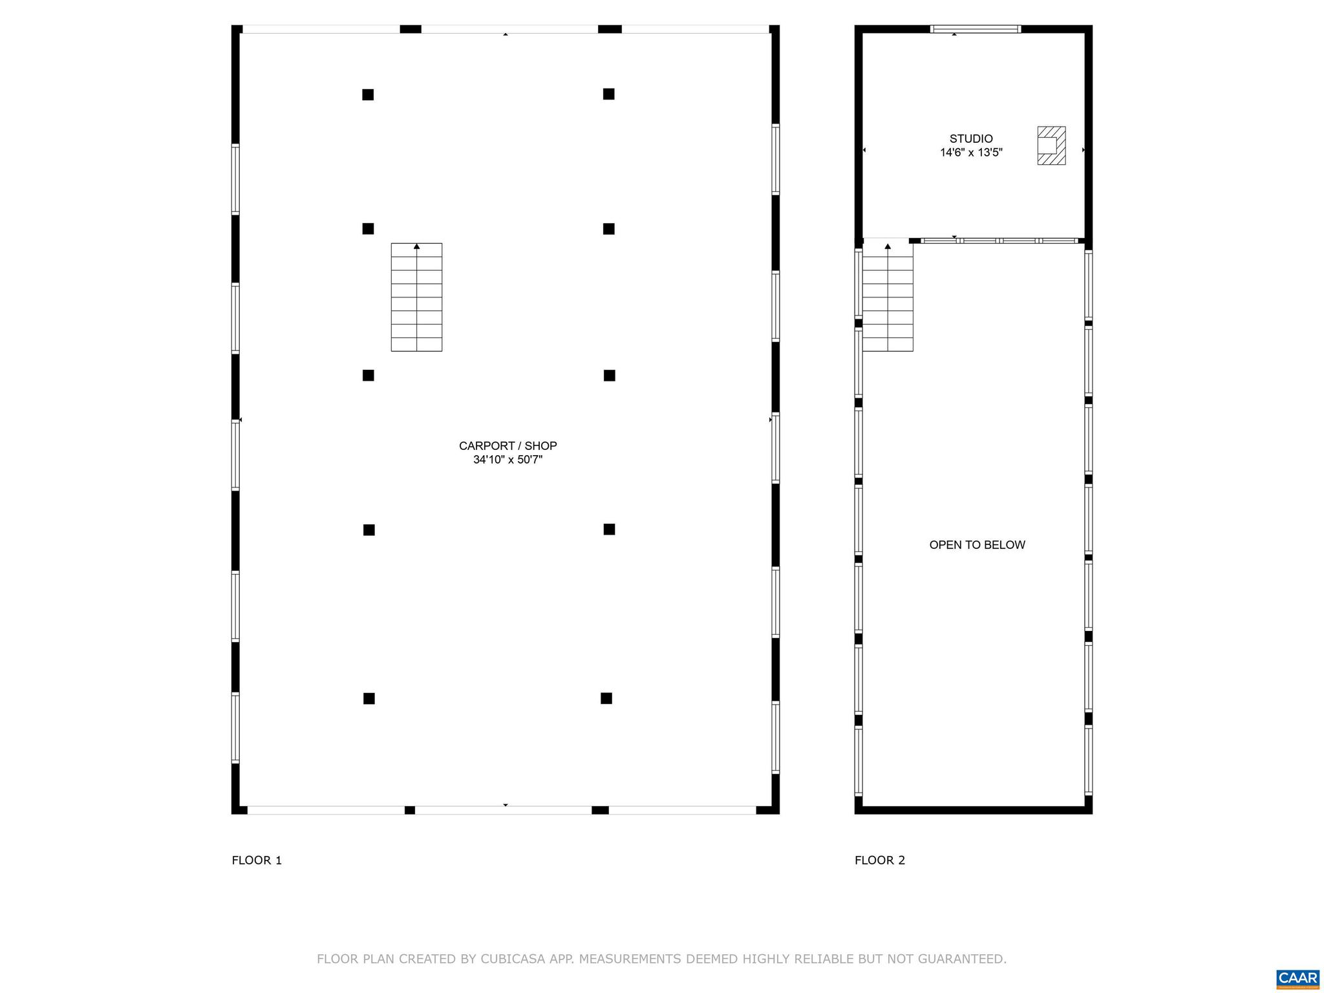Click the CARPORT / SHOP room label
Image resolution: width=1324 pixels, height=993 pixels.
point(507,445)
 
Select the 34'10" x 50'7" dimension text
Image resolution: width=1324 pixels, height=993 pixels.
point(507,460)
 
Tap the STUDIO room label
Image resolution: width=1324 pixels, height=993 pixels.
point(971,138)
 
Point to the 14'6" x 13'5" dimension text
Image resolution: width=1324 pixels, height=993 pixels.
point(971,153)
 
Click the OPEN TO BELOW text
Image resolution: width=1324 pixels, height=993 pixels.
point(977,545)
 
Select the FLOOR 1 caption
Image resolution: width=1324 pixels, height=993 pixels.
point(257,860)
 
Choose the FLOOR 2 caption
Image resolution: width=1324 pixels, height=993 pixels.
point(880,860)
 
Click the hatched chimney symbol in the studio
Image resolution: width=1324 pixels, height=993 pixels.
point(1051,145)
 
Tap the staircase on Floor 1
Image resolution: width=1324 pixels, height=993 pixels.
point(416,297)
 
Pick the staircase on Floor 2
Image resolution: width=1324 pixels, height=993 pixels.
point(888,297)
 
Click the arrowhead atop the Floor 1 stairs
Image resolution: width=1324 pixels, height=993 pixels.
point(417,246)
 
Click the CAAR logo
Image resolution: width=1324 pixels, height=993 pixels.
point(1297,978)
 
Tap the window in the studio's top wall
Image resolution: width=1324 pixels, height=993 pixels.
point(975,29)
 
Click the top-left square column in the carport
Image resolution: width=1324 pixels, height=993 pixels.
point(368,95)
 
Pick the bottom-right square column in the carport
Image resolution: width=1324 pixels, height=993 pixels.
point(606,698)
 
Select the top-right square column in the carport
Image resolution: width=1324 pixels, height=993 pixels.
point(608,94)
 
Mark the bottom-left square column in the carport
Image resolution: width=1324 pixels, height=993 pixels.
point(369,699)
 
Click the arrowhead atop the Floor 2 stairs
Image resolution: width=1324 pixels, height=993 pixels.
point(888,246)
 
